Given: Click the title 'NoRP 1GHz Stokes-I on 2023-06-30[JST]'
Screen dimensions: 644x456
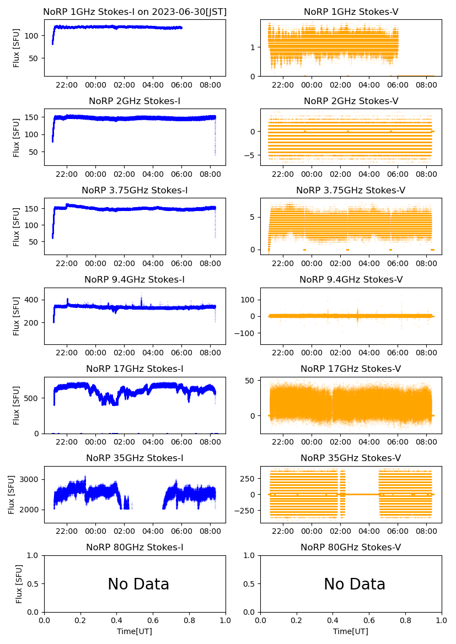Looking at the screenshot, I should [135, 12].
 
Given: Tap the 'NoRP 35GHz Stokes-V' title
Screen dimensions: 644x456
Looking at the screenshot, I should [351, 458].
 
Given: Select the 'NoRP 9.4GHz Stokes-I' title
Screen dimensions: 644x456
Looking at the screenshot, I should [135, 280].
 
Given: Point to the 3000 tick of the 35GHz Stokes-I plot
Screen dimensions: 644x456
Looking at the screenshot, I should [31, 479].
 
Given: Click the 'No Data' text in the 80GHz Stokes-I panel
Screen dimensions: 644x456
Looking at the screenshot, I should [138, 585].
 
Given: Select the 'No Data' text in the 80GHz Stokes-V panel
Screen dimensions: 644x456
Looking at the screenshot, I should [355, 585].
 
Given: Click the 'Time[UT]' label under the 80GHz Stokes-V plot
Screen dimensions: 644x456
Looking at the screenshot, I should [351, 631].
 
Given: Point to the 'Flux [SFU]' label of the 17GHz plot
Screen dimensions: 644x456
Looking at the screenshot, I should [16, 405].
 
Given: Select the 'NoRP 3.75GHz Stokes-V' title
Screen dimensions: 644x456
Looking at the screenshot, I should [351, 191].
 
